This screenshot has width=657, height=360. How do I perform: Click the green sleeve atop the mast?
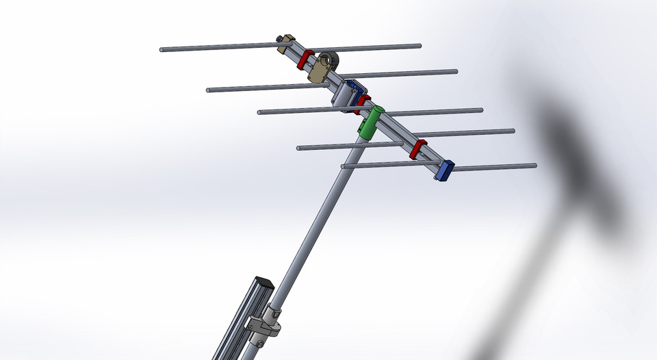370,122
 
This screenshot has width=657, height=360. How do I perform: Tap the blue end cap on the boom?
446,169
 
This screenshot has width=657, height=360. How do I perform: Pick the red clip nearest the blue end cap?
418,149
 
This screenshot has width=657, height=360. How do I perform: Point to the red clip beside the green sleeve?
362,103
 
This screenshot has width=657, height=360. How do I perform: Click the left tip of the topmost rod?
162,50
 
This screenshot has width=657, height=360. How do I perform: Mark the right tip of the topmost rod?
420,46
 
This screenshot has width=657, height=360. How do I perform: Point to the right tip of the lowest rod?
535,165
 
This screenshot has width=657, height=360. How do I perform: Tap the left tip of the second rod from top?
208,90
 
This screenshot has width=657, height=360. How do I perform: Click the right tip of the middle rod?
481,110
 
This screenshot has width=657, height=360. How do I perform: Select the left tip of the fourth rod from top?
299,148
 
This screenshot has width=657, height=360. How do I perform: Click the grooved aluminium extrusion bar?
239,322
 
